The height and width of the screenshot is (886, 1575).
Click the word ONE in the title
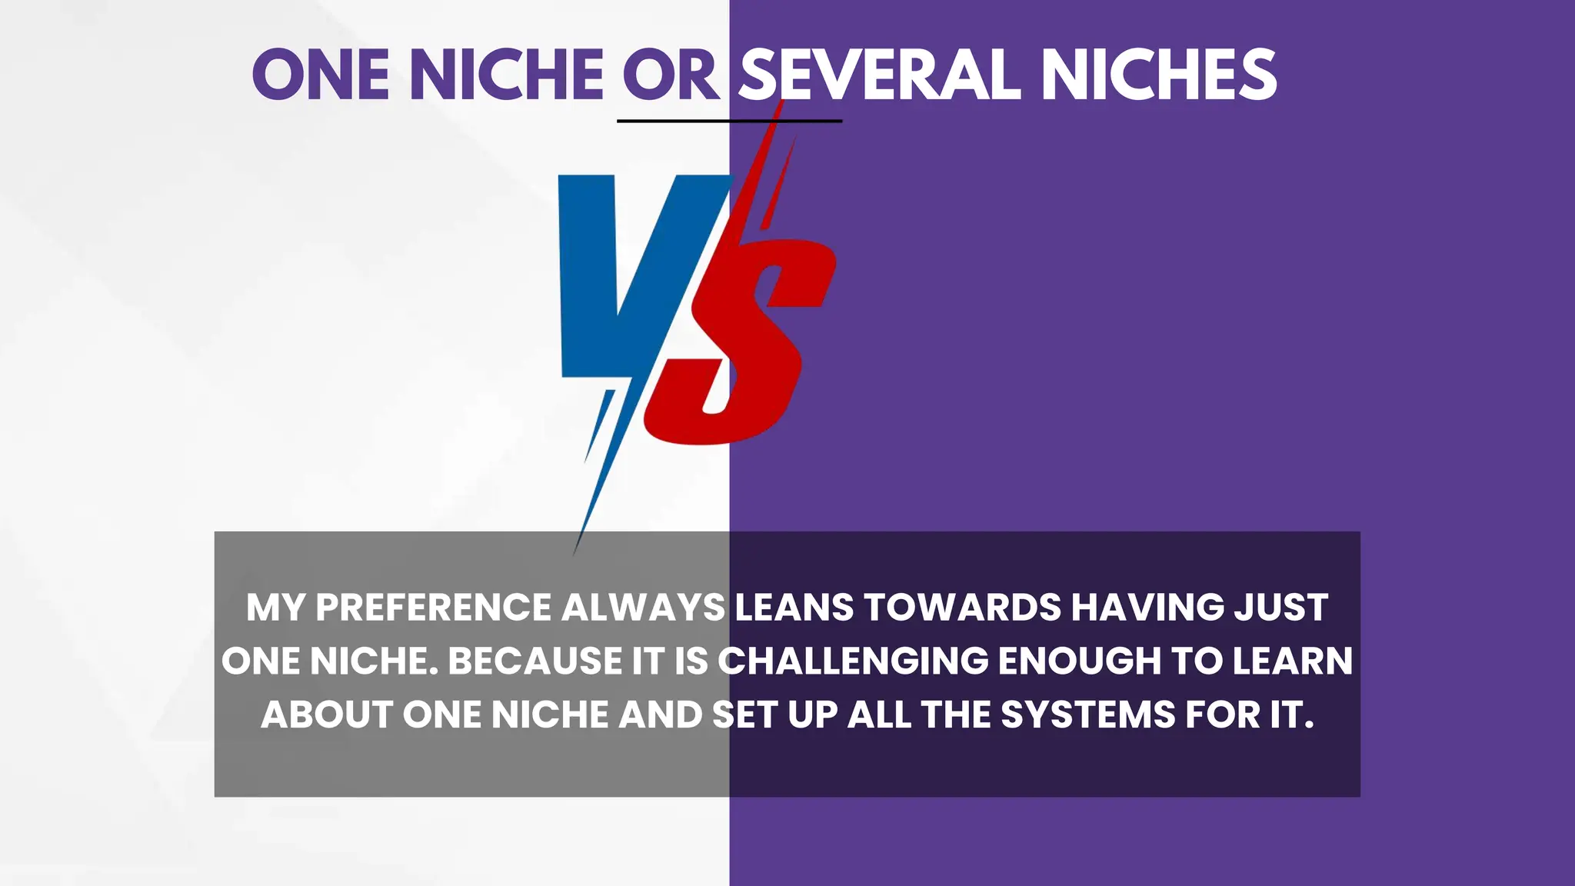321,75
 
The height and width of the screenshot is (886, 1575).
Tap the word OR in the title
671,75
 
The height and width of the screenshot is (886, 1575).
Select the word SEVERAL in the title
879,75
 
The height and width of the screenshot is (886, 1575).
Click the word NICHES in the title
1158,75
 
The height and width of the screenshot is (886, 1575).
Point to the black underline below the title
729,121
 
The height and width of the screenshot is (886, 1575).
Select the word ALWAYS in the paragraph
644,608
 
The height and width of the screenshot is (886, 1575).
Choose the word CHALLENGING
853,661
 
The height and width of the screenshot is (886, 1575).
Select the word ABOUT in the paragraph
327,714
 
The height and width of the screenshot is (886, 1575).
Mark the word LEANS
794,608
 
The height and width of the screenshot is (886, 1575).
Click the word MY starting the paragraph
276,608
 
